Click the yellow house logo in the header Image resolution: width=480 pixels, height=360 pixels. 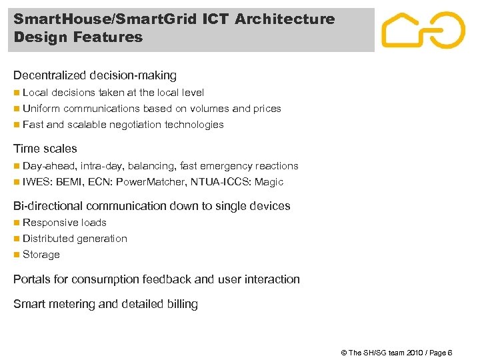(423, 31)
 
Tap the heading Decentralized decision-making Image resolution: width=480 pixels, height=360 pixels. (95, 75)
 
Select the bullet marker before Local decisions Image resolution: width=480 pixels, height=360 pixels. (17, 93)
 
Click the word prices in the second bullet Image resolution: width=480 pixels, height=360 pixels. (267, 109)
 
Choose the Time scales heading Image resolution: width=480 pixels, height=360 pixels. (45, 149)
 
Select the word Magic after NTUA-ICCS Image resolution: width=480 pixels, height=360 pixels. (269, 182)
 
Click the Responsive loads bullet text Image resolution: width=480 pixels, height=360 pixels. (65, 223)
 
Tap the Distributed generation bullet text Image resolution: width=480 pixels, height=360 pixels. (75, 239)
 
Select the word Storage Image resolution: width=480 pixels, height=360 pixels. (41, 255)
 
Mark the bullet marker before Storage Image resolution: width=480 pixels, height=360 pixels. (17, 255)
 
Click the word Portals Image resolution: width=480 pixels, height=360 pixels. (31, 279)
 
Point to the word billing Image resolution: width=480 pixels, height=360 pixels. (182, 304)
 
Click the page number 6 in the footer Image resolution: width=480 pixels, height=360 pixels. (450, 353)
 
